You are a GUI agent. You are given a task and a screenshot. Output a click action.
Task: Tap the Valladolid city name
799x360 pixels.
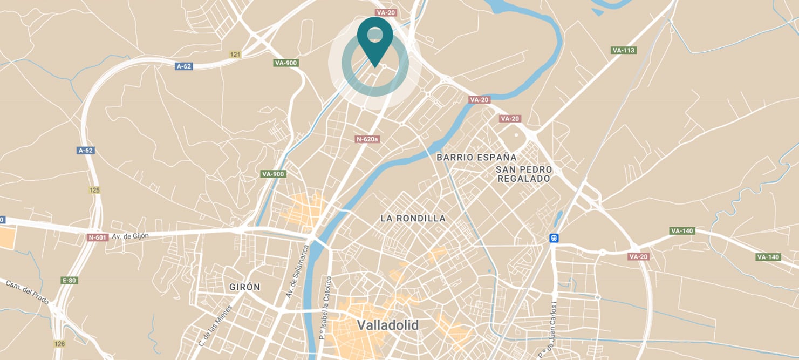(387, 325)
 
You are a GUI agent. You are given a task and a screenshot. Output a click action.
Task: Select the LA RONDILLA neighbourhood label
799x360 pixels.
(413, 219)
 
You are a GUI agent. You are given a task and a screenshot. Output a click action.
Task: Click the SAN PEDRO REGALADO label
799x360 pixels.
(524, 174)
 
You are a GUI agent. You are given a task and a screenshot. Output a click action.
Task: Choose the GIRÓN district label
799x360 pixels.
(244, 287)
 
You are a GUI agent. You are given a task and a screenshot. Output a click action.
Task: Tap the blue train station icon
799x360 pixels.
(554, 237)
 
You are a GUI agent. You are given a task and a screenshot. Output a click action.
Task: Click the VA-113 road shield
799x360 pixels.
(624, 50)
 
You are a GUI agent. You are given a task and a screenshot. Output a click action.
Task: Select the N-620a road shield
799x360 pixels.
(367, 139)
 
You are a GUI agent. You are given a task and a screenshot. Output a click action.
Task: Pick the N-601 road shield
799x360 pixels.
(98, 237)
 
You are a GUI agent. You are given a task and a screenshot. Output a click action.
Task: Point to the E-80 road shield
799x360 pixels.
(70, 280)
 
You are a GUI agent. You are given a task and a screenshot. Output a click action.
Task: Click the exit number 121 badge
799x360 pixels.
(235, 55)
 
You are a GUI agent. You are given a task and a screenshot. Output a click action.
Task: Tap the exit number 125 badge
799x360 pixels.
(95, 190)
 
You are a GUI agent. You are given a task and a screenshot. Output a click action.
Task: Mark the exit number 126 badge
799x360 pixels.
(59, 343)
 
